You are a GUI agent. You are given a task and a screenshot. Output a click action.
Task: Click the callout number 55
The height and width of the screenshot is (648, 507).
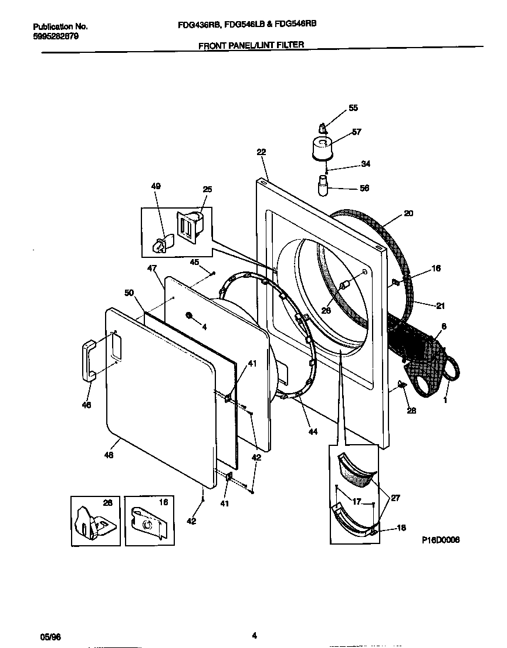(x=353, y=108)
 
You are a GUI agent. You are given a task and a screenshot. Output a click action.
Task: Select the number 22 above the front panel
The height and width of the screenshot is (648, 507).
(x=261, y=152)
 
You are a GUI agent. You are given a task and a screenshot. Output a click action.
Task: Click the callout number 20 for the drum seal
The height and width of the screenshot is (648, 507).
(x=408, y=213)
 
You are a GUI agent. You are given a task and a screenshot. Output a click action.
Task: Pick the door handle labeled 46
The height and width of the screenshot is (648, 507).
(x=87, y=359)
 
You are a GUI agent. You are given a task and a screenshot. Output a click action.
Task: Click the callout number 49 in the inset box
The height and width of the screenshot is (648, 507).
(x=156, y=186)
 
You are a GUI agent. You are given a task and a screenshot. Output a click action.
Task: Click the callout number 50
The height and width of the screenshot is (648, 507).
(x=129, y=292)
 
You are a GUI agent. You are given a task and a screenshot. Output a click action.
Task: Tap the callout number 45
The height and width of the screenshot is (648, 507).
(x=194, y=262)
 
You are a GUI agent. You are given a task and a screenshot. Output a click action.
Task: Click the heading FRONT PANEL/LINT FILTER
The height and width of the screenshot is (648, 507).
(x=252, y=45)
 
